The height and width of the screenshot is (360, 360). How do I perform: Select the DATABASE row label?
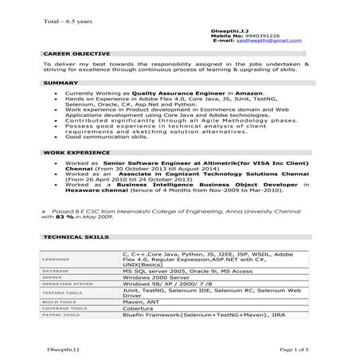pos(54,272)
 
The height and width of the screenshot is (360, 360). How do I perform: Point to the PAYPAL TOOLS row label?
pos(58,316)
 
